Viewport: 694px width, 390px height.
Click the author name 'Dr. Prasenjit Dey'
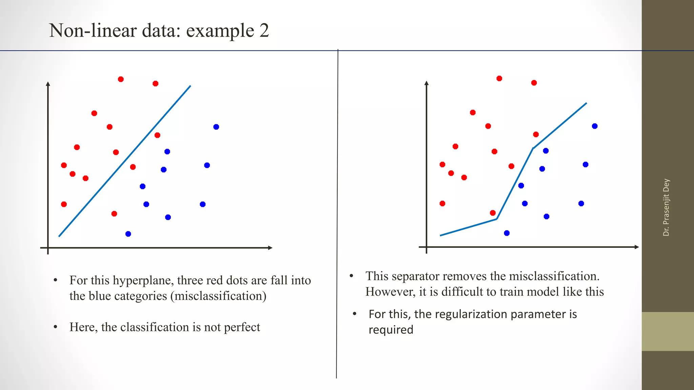pos(666,207)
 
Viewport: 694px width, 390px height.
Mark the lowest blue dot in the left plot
pos(128,234)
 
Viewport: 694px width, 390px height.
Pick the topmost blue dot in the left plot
pos(216,127)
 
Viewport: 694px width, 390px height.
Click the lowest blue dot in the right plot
pos(507,233)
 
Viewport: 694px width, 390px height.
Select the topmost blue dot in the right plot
pos(595,126)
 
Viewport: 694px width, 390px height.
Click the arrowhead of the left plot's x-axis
pos(270,248)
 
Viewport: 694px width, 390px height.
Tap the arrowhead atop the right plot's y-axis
pos(427,83)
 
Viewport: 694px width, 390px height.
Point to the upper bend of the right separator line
pos(533,148)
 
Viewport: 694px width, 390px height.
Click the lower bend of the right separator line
pos(496,219)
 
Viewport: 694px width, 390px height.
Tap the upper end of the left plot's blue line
pos(190,86)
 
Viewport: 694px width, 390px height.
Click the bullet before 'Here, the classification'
pos(55,327)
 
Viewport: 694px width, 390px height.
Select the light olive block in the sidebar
pos(668,331)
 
